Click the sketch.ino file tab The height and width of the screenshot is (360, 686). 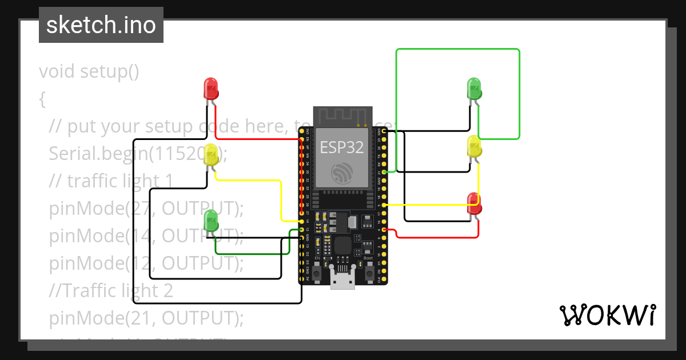tap(101, 25)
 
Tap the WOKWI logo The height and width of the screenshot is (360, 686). tap(607, 315)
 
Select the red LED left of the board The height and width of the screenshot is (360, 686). tap(211, 89)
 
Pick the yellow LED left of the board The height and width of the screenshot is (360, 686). tap(211, 155)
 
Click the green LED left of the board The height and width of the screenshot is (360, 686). tap(211, 221)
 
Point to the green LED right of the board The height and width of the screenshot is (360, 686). tap(474, 89)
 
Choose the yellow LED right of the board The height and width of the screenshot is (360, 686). tap(474, 146)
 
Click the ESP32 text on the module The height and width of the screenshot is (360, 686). tap(342, 147)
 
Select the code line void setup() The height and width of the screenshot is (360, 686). tap(89, 71)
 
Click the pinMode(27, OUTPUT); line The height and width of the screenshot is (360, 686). tap(146, 209)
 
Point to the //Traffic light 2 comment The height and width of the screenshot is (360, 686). tap(111, 291)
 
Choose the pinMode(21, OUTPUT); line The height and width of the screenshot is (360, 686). tap(146, 318)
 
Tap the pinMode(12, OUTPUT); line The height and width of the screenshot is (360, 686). tap(146, 263)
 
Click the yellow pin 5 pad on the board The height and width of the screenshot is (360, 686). tap(384, 205)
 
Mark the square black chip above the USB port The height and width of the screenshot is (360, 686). tap(342, 246)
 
